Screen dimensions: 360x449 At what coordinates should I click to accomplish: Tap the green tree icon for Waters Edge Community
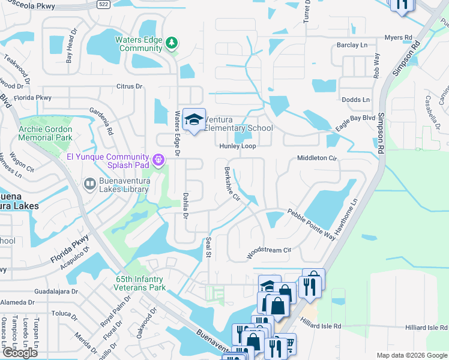point(172,42)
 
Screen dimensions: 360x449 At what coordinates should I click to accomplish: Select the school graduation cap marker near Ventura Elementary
point(194,121)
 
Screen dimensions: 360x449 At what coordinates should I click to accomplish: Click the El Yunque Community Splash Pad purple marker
point(158,160)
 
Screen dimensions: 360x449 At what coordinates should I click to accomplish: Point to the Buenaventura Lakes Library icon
point(89,183)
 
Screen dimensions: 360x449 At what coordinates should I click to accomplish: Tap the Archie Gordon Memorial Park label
point(46,133)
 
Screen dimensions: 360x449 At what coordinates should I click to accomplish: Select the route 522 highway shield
point(104,4)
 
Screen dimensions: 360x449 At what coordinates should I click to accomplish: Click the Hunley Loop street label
point(237,146)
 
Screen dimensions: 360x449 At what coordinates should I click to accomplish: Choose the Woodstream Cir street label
point(269,253)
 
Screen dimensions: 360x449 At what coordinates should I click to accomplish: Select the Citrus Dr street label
point(129,86)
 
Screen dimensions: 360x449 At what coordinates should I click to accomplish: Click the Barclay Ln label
point(352,45)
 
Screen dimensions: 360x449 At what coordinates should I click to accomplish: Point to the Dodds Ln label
point(355,100)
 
